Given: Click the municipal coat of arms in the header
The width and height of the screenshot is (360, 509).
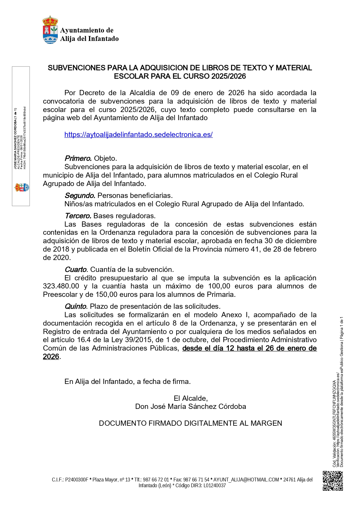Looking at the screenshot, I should (50, 30).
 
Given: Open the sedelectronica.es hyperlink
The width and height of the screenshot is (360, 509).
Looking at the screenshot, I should (138, 135).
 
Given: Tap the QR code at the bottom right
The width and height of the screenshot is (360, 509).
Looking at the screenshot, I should (333, 481).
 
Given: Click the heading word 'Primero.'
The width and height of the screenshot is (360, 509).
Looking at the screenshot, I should (78, 158).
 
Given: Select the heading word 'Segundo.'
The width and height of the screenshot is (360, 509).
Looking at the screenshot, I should (80, 196).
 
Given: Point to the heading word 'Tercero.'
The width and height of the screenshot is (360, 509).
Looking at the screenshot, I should (78, 216).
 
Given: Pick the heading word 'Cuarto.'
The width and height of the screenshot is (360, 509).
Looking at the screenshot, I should (76, 270).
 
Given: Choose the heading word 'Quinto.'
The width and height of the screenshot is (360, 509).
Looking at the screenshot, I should (76, 306).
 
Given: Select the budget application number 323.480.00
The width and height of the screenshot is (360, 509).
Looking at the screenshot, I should (61, 286).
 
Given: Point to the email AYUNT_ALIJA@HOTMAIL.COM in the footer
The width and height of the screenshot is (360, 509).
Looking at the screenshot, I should (246, 480).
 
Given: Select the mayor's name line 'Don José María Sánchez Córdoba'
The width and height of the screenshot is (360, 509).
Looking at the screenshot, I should (191, 407).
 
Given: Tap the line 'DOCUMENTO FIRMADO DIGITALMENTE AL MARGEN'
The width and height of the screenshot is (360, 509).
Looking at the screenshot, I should (190, 423).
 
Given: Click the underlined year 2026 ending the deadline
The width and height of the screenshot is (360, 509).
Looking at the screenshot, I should (51, 357).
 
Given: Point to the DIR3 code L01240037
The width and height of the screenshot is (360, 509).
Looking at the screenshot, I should (215, 485).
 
